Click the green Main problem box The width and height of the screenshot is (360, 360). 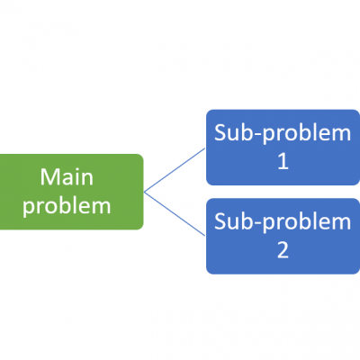pyautogui.click(x=72, y=192)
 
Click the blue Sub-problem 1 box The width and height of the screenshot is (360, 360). pyautogui.click(x=282, y=148)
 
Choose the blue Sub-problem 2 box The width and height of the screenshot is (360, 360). pyautogui.click(x=282, y=236)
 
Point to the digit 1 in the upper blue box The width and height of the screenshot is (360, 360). pyautogui.click(x=283, y=163)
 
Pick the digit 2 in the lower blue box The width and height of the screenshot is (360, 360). pyautogui.click(x=283, y=251)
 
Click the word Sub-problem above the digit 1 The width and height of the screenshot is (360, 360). pyautogui.click(x=282, y=133)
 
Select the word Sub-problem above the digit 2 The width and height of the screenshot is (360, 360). pyautogui.click(x=282, y=221)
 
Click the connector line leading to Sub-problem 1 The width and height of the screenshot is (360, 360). pyautogui.click(x=175, y=169)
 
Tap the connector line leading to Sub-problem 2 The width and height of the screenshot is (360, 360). pyautogui.click(x=175, y=214)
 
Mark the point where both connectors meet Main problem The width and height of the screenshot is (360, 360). pyautogui.click(x=144, y=192)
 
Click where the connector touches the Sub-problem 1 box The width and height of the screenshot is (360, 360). pyautogui.click(x=206, y=148)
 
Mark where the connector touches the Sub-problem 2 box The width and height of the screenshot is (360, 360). pyautogui.click(x=206, y=236)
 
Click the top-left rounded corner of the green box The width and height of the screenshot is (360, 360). pyautogui.click(x=4, y=157)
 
